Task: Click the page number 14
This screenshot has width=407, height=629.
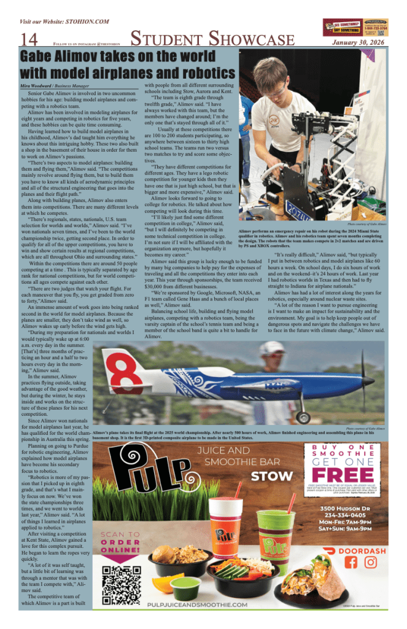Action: tap(29, 40)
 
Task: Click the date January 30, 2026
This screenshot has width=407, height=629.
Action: tap(357, 43)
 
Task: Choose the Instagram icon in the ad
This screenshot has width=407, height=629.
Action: tap(371, 561)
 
